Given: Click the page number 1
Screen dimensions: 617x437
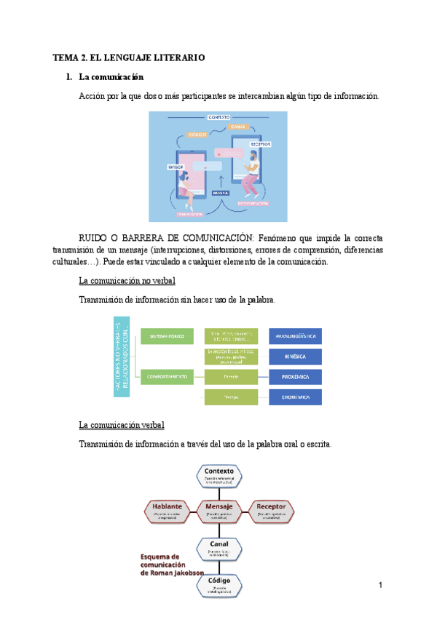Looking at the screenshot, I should tap(380, 585).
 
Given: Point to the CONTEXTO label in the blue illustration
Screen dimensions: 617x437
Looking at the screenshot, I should tap(219, 117).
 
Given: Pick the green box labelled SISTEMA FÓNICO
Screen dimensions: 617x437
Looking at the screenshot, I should tap(168, 336).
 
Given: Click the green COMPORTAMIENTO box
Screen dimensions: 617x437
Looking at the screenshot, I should tap(168, 377).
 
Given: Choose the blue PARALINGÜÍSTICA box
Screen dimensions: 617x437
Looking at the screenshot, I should tap(296, 336).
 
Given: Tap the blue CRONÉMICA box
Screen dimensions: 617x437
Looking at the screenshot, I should tap(296, 397).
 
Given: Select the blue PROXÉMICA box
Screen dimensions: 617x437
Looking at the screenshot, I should tap(296, 377).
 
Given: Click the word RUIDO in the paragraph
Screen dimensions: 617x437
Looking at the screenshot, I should tap(94, 236).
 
